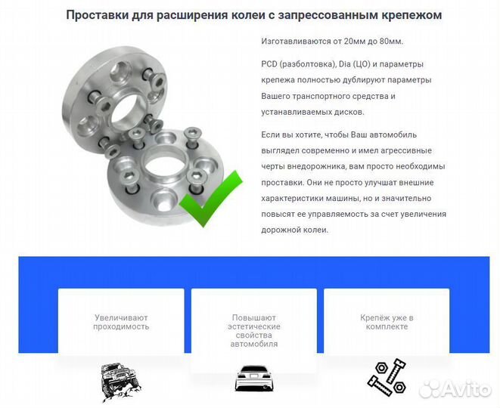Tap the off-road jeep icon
121,381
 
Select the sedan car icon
253,379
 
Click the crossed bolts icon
386,377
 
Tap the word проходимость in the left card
121,326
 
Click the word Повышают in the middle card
253,317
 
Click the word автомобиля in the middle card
253,344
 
